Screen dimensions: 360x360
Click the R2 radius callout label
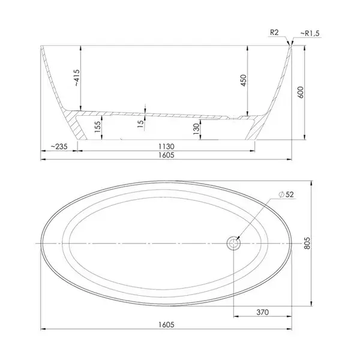[x=274, y=32]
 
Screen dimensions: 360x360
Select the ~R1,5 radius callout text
[x=310, y=34]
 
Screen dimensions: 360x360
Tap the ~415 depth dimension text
[x=77, y=78]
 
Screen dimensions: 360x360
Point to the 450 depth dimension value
[x=244, y=80]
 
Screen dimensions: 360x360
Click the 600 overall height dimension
[x=301, y=92]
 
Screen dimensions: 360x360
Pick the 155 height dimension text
[x=98, y=127]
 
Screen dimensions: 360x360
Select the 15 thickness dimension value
[x=140, y=124]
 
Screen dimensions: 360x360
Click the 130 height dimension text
[x=196, y=129]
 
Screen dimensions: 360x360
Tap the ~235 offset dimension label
[x=59, y=146]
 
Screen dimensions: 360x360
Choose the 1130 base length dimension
[x=166, y=146]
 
